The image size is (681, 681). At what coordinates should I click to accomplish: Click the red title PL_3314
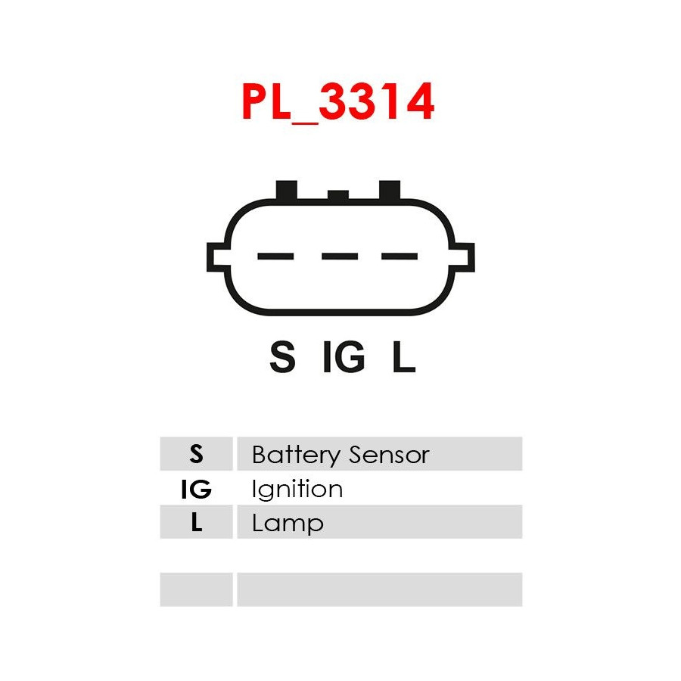tap(338, 103)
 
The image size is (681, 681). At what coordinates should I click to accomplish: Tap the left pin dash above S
tap(275, 257)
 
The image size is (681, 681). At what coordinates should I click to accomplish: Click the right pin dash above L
tap(400, 257)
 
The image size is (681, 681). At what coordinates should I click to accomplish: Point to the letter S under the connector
tap(282, 357)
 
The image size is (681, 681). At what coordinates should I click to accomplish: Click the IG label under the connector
tap(344, 357)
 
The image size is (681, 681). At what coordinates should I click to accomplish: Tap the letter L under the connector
tap(403, 357)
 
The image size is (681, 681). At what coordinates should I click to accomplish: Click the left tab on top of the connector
tap(287, 190)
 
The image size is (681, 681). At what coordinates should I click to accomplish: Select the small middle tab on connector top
tap(338, 195)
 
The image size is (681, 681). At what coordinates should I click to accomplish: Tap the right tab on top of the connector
tap(390, 190)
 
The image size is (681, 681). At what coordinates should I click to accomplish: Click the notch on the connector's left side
tap(217, 258)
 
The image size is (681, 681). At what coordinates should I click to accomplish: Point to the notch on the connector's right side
tap(464, 258)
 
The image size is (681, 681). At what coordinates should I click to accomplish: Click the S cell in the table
tap(197, 454)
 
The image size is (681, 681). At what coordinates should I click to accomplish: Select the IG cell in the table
tap(197, 489)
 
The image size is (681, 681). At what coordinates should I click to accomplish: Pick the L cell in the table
tap(197, 523)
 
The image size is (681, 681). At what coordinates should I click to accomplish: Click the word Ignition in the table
tap(297, 490)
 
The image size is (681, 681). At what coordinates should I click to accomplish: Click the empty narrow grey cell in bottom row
tap(197, 589)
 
